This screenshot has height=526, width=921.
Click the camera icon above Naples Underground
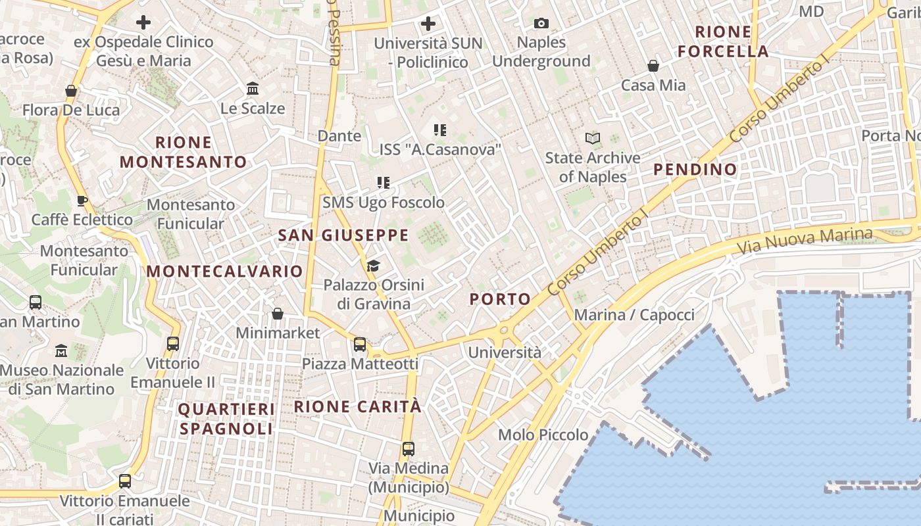pyautogui.click(x=541, y=24)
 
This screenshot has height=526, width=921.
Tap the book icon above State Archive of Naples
pyautogui.click(x=593, y=138)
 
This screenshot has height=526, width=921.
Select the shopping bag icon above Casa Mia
pyautogui.click(x=653, y=66)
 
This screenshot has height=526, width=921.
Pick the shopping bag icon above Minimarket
pyautogui.click(x=278, y=314)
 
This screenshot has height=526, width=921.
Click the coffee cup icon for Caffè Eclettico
pyautogui.click(x=82, y=201)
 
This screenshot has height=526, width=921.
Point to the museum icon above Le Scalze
pyautogui.click(x=253, y=89)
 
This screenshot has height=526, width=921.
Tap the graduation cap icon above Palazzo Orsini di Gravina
pyautogui.click(x=374, y=266)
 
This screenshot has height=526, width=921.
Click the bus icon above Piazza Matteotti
pyautogui.click(x=360, y=345)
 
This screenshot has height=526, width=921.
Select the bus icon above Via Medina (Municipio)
pyautogui.click(x=409, y=449)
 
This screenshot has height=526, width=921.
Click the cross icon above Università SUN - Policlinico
pyautogui.click(x=428, y=24)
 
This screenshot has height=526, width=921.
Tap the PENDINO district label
pyautogui.click(x=695, y=170)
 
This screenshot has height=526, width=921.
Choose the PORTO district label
pyautogui.click(x=500, y=299)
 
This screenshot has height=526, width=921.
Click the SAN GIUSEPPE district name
pyautogui.click(x=343, y=235)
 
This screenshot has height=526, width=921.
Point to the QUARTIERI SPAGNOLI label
pyautogui.click(x=226, y=419)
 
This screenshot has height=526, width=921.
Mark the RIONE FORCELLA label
pyautogui.click(x=723, y=41)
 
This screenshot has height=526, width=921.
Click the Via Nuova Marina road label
pyautogui.click(x=804, y=242)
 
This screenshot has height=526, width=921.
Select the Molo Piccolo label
pyautogui.click(x=543, y=435)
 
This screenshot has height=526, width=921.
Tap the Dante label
pyautogui.click(x=339, y=136)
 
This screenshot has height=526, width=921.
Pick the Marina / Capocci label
pyautogui.click(x=634, y=315)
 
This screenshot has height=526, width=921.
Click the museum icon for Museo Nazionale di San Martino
pyautogui.click(x=61, y=350)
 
